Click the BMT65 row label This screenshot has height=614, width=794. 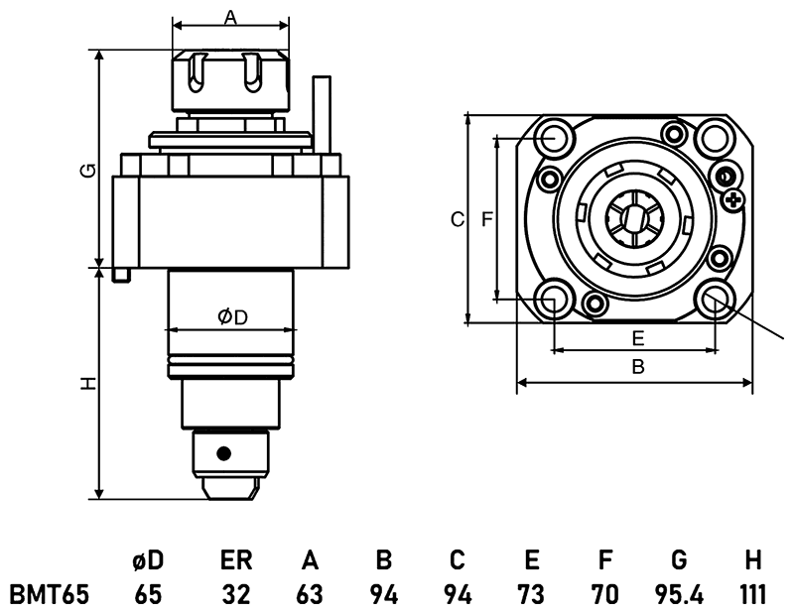click(x=50, y=594)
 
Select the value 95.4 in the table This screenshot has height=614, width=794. click(x=679, y=594)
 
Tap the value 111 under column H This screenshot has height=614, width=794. click(x=752, y=594)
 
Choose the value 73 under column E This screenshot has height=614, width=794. click(x=531, y=594)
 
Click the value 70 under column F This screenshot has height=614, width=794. click(x=604, y=594)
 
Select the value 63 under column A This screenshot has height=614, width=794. click(x=310, y=594)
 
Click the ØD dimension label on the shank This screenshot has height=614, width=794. click(x=231, y=316)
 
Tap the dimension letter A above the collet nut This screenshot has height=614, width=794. click(x=230, y=17)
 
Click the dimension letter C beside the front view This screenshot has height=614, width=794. click(x=457, y=219)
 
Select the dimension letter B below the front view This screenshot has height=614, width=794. click(x=638, y=367)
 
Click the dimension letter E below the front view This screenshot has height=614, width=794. click(x=638, y=337)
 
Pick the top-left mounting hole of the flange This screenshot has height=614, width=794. click(x=555, y=138)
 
